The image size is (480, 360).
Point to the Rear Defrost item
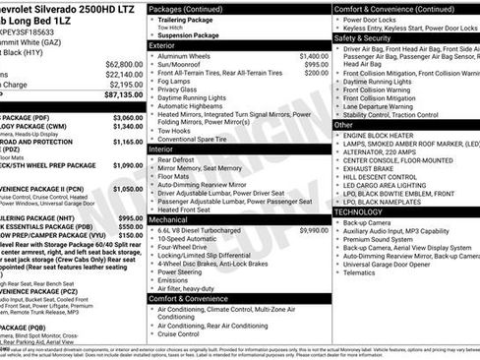[x=179, y=158]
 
